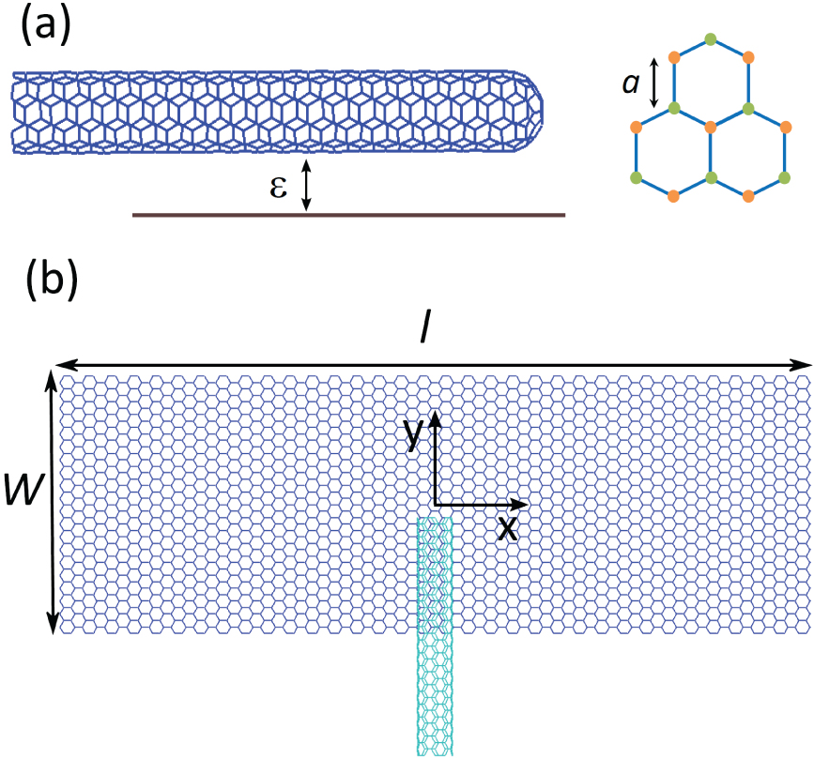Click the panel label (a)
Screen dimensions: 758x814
[x=45, y=29]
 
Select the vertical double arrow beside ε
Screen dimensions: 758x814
[x=305, y=184]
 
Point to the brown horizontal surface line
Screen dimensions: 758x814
[x=348, y=215]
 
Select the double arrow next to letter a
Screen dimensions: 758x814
[x=655, y=83]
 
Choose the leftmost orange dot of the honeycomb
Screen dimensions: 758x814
[x=636, y=126]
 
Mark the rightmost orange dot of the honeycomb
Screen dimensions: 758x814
[x=786, y=125]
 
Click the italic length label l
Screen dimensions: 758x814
[x=424, y=331]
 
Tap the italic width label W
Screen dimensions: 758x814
[x=21, y=489]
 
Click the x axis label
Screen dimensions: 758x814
[x=507, y=527]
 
